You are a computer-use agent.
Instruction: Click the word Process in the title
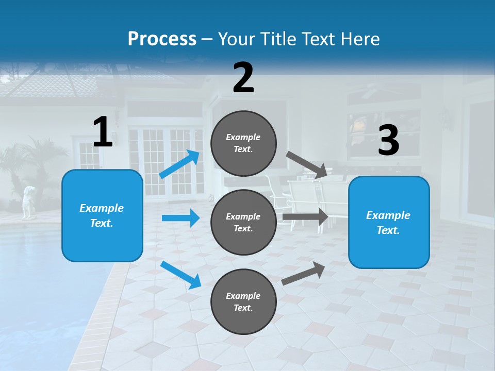point(162,39)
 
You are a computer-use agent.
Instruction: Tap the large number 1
point(103,132)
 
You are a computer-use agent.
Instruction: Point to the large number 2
point(243,77)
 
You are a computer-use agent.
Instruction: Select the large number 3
point(388,141)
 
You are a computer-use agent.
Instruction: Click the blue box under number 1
point(102,215)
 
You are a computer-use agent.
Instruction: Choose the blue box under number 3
point(389,222)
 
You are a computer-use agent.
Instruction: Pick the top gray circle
point(243,143)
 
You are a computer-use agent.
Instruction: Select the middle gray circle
point(243,222)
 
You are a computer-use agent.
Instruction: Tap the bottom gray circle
point(243,301)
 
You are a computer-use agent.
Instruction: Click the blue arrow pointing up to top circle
point(179,164)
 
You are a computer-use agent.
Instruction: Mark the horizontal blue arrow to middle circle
point(180,218)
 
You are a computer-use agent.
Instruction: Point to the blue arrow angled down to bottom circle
point(180,275)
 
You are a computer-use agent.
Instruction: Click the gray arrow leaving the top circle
point(307,164)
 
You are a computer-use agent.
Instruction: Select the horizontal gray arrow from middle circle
point(305,217)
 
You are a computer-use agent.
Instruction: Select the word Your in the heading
point(236,39)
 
